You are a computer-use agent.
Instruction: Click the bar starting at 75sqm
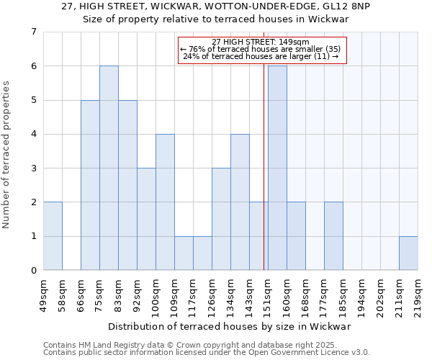[x=109, y=168]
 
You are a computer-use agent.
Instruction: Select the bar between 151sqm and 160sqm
[x=277, y=168]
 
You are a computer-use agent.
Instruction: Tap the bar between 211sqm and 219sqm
[x=408, y=253]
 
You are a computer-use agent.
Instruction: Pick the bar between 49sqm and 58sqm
[x=53, y=236]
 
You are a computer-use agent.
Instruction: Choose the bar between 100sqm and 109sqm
[x=165, y=202]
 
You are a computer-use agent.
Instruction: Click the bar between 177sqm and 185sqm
[x=333, y=236]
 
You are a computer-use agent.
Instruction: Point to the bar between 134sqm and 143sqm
[x=240, y=202]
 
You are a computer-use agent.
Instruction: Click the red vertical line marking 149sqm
[x=264, y=180]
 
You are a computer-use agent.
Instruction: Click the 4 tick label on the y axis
[x=33, y=134]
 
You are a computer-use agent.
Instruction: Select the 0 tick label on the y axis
[x=33, y=271]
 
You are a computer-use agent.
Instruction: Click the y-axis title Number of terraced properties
[x=7, y=154]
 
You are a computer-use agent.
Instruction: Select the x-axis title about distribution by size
[x=230, y=326]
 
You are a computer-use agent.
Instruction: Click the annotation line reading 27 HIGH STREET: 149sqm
[x=261, y=42]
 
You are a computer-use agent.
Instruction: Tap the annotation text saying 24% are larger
[x=261, y=56]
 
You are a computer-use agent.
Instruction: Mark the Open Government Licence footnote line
[x=207, y=353]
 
